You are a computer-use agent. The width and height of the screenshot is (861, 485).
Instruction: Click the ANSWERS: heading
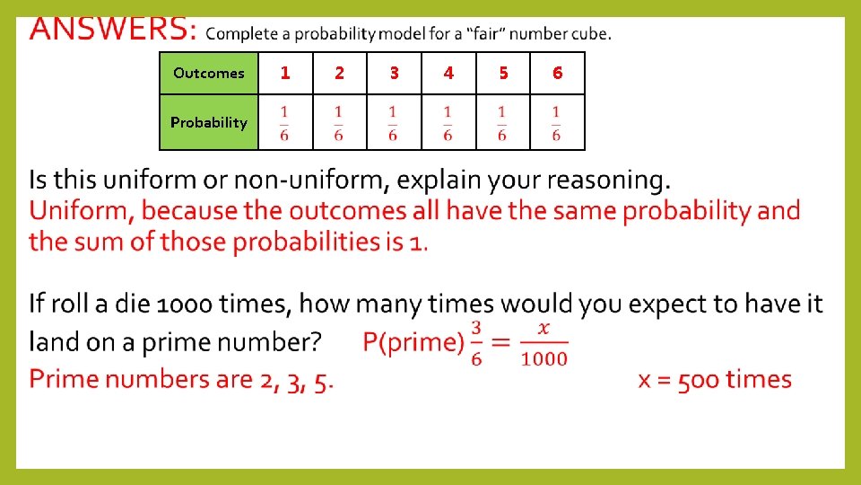pyautogui.click(x=112, y=31)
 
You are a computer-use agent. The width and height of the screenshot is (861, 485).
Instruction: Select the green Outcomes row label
pyautogui.click(x=209, y=73)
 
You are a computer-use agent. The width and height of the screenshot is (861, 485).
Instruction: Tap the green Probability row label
pyautogui.click(x=209, y=122)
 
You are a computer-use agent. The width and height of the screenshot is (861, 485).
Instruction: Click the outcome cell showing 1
pyautogui.click(x=285, y=73)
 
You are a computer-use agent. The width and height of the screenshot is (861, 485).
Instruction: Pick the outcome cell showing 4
pyautogui.click(x=448, y=73)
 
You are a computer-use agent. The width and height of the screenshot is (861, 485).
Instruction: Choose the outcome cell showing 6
pyautogui.click(x=557, y=73)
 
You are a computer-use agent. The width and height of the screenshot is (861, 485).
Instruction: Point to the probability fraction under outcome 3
pyautogui.click(x=393, y=123)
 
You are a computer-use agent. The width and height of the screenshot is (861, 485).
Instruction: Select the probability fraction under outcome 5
pyautogui.click(x=502, y=123)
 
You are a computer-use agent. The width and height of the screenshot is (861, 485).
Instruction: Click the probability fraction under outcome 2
pyautogui.click(x=339, y=123)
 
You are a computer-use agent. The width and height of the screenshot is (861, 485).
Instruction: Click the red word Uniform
pyautogui.click(x=81, y=211)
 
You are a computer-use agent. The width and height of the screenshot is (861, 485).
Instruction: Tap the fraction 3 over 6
pyautogui.click(x=475, y=342)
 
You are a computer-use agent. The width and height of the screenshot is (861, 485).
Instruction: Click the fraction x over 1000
pyautogui.click(x=544, y=342)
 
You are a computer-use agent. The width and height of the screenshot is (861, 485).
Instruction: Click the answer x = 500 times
pyautogui.click(x=715, y=379)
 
